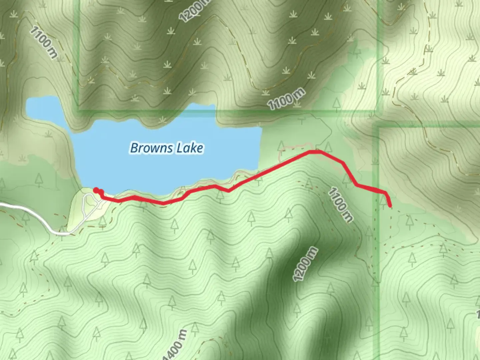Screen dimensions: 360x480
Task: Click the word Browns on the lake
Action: click(152, 148)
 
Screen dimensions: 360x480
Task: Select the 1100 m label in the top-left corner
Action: click(43, 43)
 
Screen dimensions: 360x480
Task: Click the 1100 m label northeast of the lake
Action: click(286, 99)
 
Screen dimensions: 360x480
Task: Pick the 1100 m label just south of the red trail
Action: click(340, 205)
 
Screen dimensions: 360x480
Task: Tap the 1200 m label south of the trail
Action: click(305, 264)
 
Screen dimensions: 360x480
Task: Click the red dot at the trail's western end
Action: click(96, 190)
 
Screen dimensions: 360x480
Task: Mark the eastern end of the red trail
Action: click(390, 206)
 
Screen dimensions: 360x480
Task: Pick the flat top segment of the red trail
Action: click(315, 152)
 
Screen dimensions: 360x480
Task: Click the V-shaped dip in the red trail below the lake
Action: click(229, 191)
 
